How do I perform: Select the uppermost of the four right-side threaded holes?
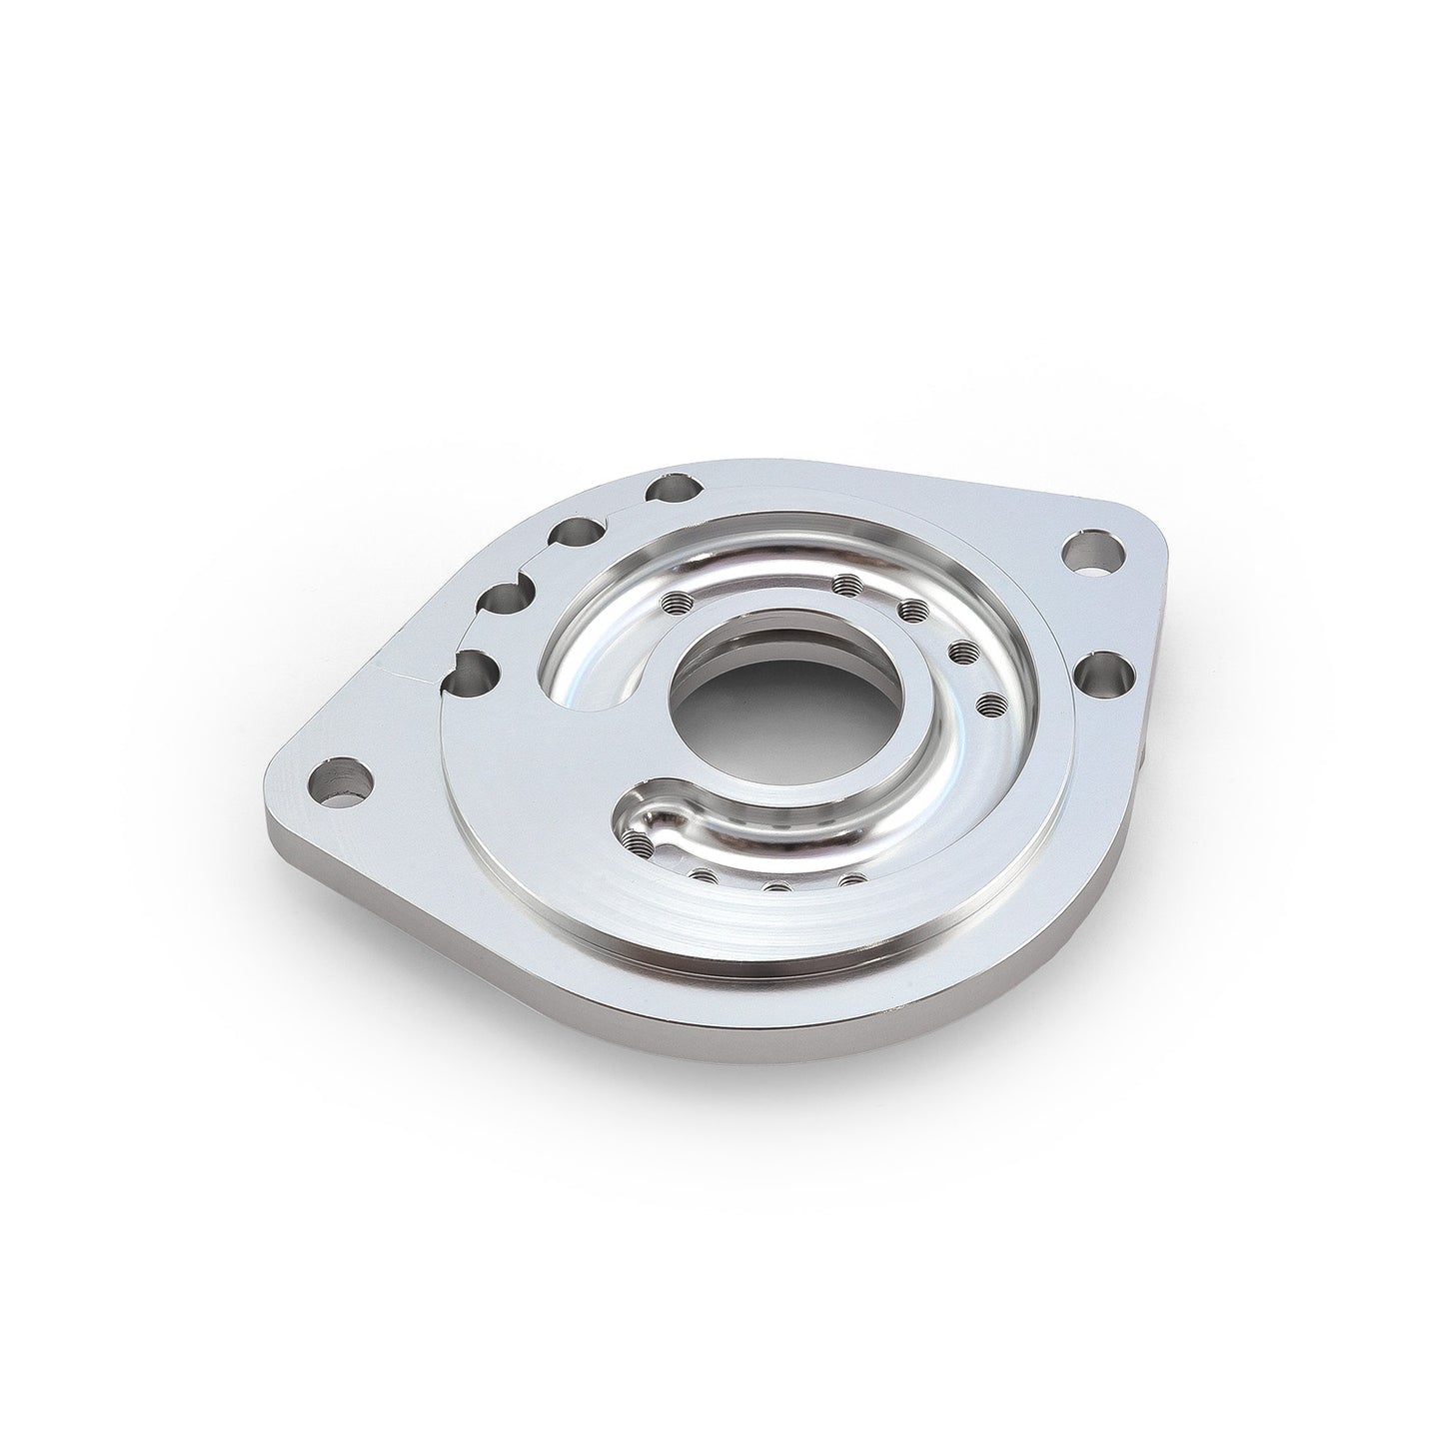click(848, 584)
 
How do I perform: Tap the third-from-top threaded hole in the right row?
click(960, 652)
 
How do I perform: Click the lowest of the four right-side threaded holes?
click(990, 705)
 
